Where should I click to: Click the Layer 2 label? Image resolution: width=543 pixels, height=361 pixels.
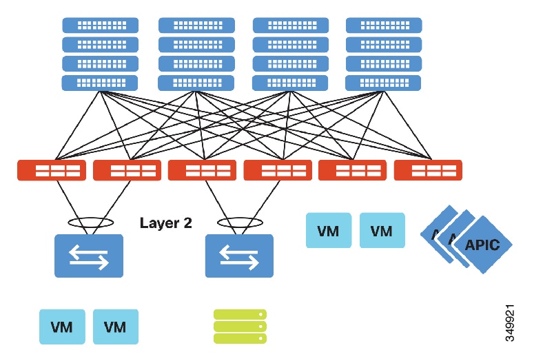click(166, 223)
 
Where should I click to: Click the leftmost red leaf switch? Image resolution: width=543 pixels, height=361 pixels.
click(52, 170)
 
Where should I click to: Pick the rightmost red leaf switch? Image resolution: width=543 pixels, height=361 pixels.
click(428, 170)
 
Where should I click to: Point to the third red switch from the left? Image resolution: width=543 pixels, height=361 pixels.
click(202, 170)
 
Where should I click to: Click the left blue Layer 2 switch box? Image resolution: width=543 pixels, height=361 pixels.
click(89, 256)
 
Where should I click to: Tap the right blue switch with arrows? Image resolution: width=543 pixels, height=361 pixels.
click(239, 256)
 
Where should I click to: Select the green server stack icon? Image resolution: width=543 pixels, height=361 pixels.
click(240, 326)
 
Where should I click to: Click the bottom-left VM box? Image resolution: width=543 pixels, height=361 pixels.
click(63, 327)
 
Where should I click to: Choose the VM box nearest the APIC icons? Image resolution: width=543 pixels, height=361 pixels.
click(382, 230)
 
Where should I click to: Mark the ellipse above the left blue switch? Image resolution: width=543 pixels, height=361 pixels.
click(90, 223)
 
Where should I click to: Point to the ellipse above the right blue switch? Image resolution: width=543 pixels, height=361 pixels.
click(240, 223)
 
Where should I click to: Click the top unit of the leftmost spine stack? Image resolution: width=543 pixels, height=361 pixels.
click(100, 25)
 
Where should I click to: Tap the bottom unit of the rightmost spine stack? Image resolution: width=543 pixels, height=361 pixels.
click(383, 83)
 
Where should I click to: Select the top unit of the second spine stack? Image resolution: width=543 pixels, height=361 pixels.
click(196, 25)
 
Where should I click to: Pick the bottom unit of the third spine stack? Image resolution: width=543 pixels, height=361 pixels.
click(290, 83)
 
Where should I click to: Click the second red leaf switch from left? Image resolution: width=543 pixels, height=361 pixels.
click(127, 170)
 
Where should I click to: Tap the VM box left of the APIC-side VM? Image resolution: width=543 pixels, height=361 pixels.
click(329, 230)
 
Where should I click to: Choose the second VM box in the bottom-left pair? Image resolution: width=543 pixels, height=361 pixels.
click(116, 327)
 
